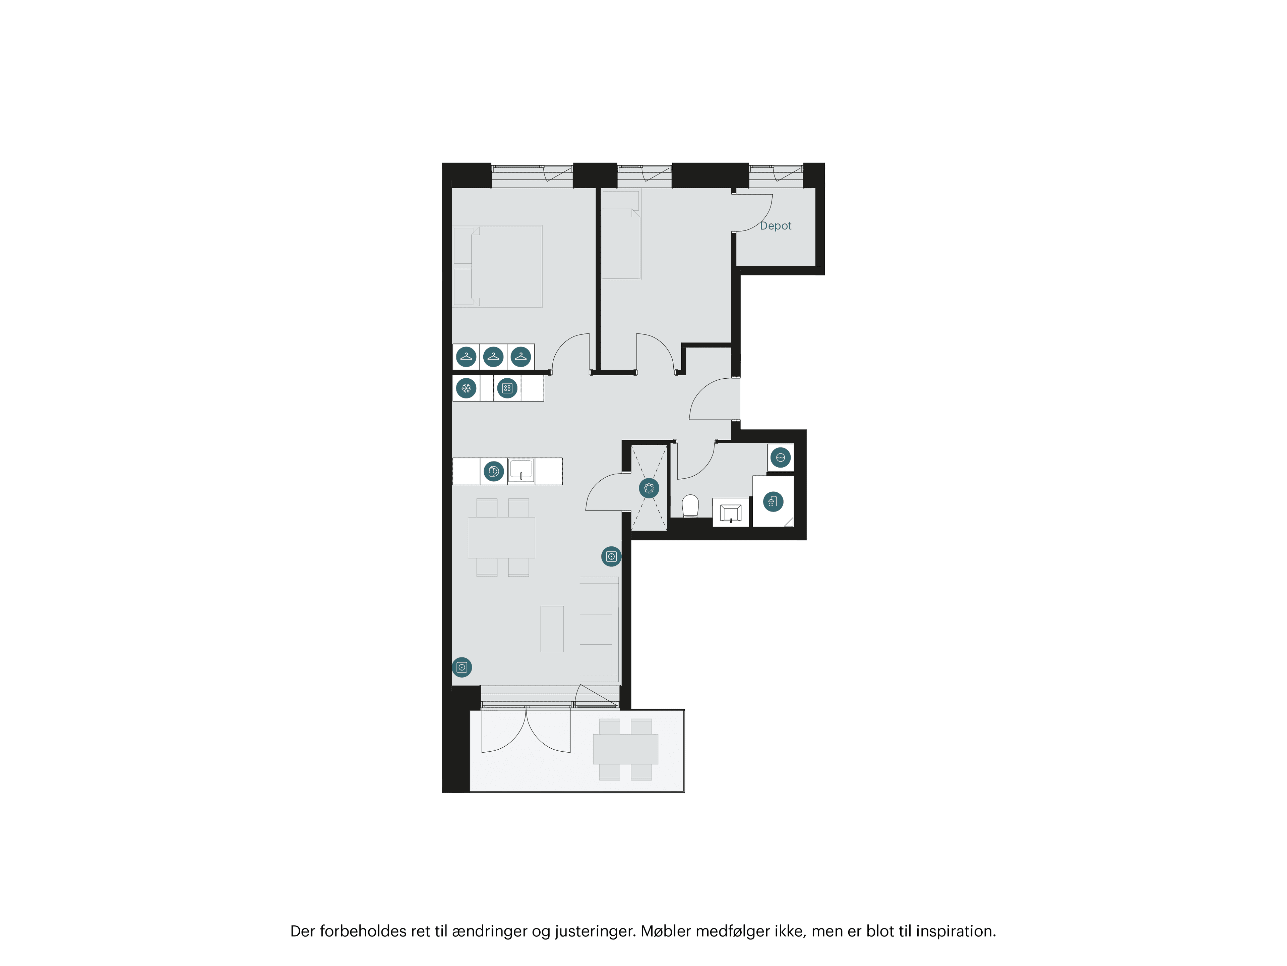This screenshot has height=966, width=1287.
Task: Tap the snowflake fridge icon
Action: (466, 388)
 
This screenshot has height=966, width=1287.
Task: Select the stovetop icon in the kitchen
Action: (507, 388)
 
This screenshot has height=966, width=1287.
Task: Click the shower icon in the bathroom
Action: (773, 501)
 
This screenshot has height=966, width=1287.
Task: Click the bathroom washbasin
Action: (731, 513)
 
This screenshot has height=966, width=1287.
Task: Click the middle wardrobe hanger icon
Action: (493, 356)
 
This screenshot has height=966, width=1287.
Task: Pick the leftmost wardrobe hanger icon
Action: (466, 356)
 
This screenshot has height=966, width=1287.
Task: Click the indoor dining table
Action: (501, 537)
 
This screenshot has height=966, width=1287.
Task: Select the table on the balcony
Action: (625, 749)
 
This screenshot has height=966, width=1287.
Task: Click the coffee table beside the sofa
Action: (552, 629)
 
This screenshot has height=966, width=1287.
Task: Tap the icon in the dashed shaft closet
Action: (649, 488)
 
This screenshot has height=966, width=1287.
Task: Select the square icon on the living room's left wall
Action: (462, 667)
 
